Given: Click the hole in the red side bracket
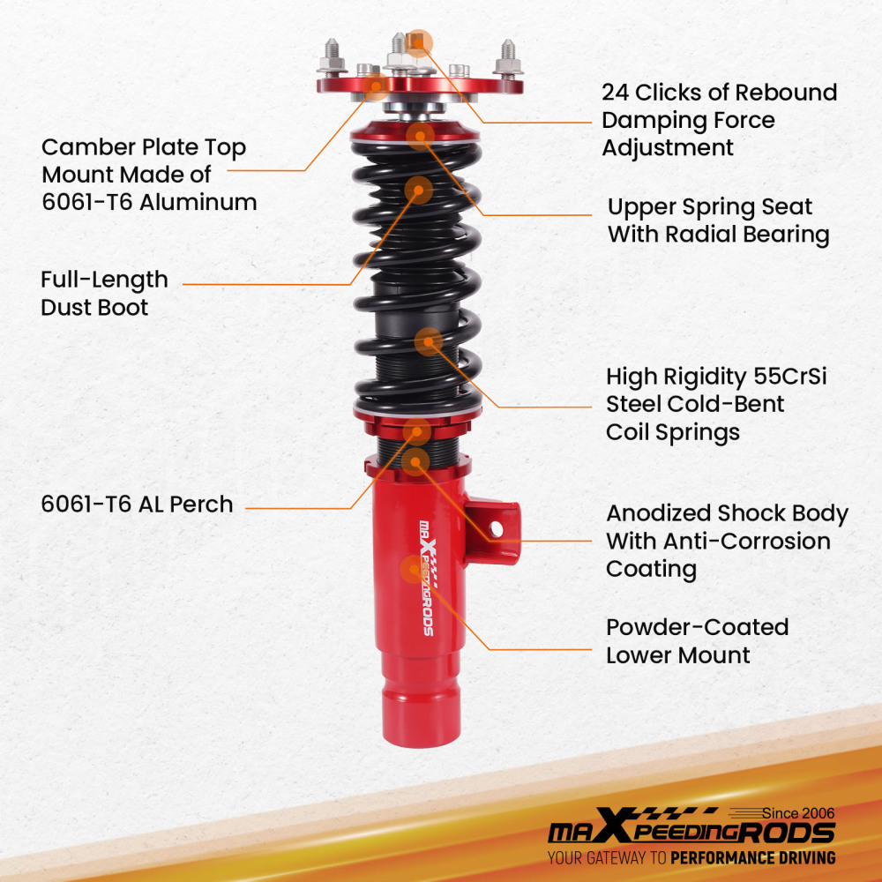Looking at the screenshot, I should (x=496, y=529).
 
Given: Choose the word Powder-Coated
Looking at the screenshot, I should (x=697, y=628).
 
